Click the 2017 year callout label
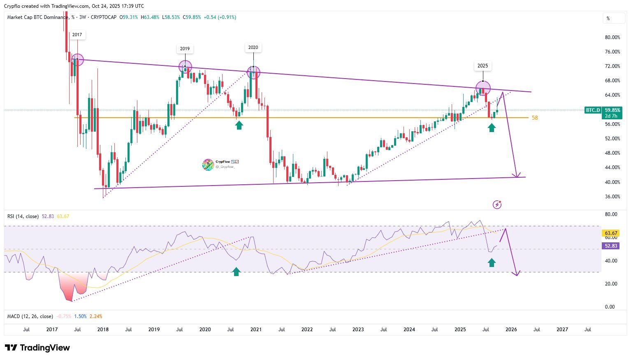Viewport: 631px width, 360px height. click(x=77, y=35)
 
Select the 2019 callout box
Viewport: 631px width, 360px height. click(x=185, y=49)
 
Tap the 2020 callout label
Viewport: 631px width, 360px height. click(x=253, y=47)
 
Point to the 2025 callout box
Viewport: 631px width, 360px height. click(x=483, y=66)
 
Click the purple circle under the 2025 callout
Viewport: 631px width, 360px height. click(x=483, y=88)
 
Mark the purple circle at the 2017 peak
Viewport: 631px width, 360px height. click(x=77, y=60)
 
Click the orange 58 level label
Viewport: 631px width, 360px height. click(x=535, y=118)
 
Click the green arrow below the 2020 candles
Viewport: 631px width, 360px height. click(x=239, y=125)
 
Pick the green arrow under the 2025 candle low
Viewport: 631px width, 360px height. click(x=492, y=128)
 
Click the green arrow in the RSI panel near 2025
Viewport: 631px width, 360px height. click(x=492, y=262)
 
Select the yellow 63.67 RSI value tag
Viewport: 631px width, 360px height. click(x=610, y=233)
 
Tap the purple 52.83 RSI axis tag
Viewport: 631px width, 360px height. click(x=610, y=246)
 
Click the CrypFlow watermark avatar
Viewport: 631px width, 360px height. click(x=208, y=165)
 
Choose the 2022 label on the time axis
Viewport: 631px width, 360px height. click(x=307, y=330)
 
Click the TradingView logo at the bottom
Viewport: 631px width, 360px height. click(x=37, y=348)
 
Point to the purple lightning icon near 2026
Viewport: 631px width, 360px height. click(x=497, y=204)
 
